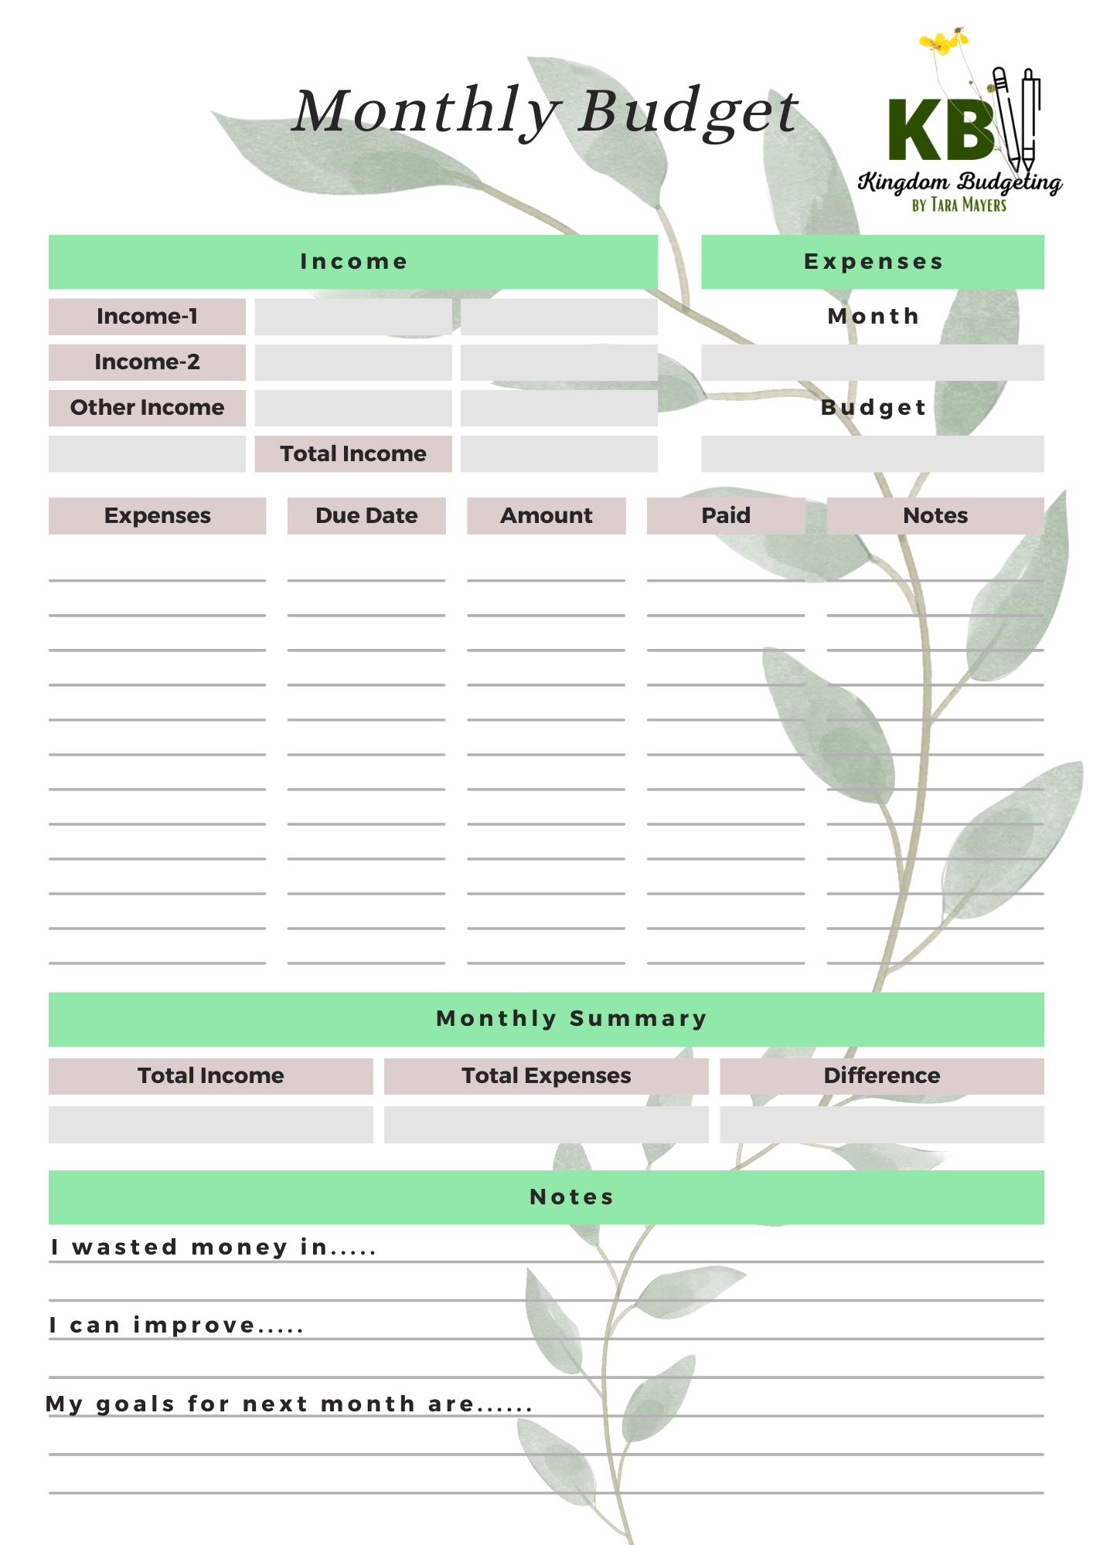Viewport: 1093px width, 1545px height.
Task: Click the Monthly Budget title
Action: pos(545,112)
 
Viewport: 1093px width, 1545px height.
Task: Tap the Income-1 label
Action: pos(147,317)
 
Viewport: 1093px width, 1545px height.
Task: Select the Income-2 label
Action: pos(147,362)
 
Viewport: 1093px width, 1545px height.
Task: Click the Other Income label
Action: pos(147,408)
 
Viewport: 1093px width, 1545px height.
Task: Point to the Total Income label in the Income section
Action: pos(353,453)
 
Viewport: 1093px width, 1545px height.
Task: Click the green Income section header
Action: pos(353,262)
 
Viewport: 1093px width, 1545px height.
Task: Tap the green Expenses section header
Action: pos(873,262)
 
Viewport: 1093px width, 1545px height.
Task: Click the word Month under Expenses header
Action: pos(873,317)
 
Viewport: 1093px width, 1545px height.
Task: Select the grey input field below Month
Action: pos(873,362)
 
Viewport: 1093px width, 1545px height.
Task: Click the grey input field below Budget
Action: pos(873,453)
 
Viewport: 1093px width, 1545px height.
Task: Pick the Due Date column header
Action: pos(366,515)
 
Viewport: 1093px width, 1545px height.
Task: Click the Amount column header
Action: pos(546,515)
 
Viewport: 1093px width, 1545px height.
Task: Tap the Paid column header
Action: pos(726,515)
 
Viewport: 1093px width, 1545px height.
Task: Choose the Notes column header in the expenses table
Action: pos(935,515)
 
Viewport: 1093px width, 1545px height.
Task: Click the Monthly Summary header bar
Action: pos(546,1019)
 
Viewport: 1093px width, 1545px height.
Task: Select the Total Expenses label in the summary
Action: pos(546,1075)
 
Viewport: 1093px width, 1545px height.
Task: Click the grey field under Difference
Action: pos(882,1124)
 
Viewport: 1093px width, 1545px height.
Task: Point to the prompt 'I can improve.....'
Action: pos(176,1326)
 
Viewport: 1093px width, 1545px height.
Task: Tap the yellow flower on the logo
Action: pos(941,42)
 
